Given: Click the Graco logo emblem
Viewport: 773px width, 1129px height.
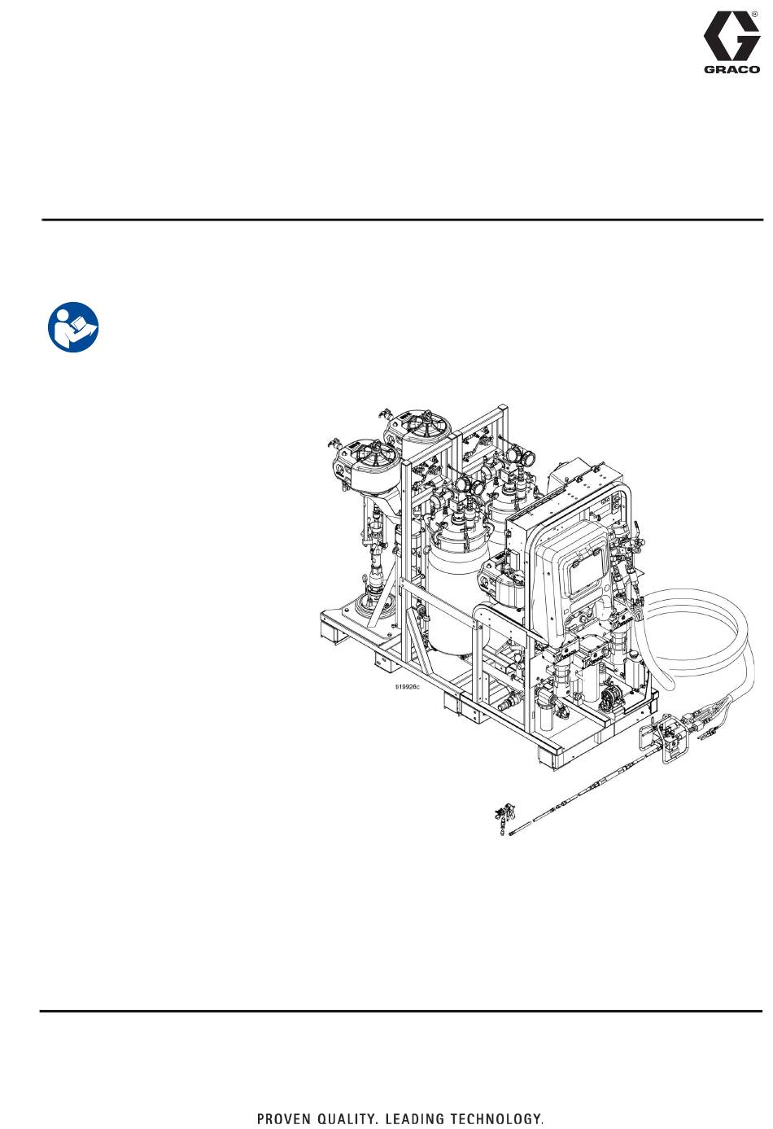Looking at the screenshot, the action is tap(732, 37).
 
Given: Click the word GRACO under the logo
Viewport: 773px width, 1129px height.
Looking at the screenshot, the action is tap(732, 70).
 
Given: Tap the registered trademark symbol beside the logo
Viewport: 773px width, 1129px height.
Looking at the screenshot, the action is tap(754, 15).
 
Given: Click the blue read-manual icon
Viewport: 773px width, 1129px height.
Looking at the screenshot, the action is tap(73, 327).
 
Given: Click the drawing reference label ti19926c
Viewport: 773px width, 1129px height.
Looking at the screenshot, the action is tap(407, 687).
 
